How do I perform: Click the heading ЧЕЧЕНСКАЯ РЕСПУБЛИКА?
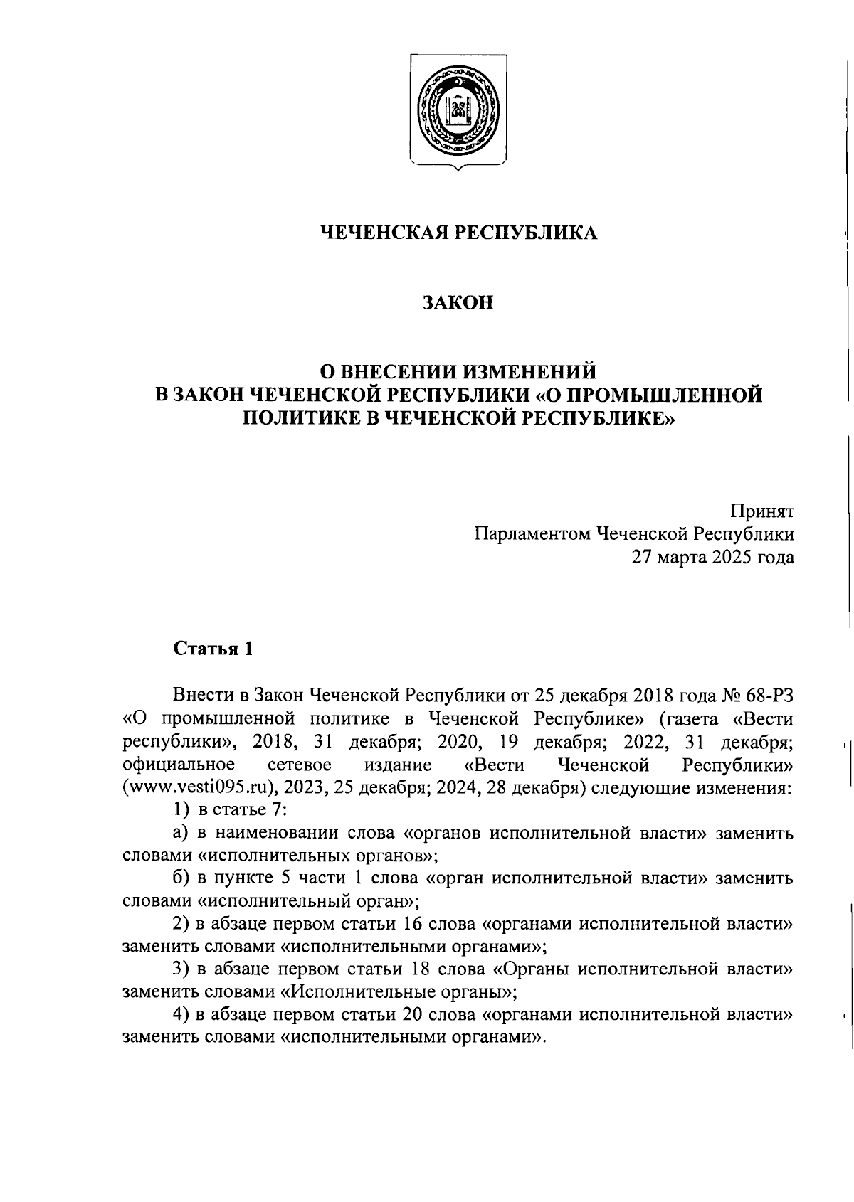pos(458,233)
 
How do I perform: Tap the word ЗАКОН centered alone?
pos(458,304)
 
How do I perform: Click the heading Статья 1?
pos(213,649)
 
